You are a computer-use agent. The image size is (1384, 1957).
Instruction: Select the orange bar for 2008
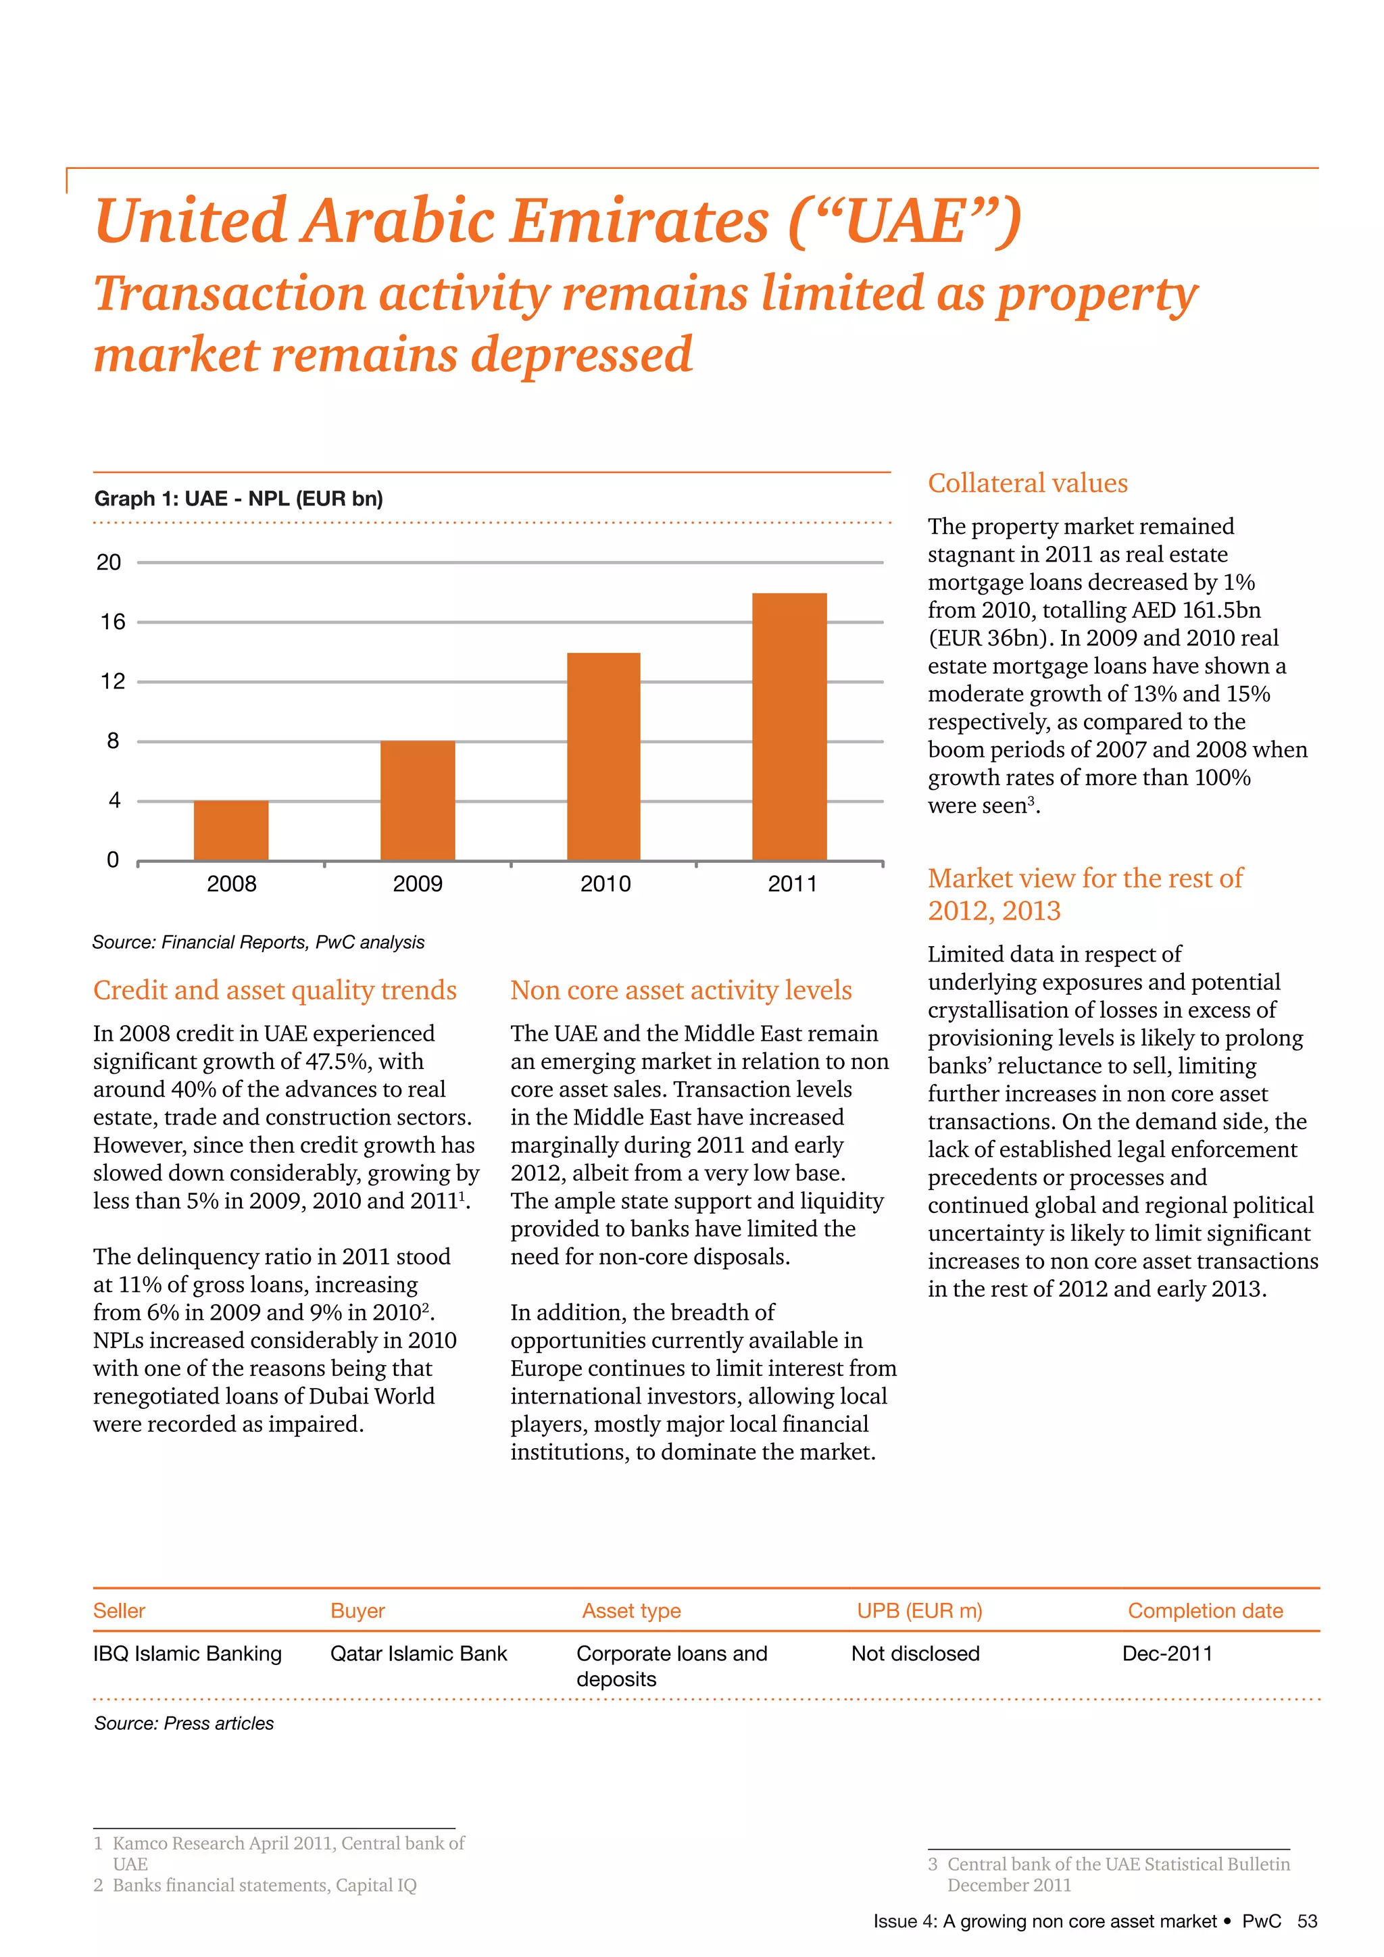point(231,831)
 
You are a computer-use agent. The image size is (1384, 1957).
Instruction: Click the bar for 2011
point(789,726)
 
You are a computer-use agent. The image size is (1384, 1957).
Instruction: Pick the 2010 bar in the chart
point(603,756)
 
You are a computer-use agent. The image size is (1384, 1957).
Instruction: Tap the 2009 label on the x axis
point(418,884)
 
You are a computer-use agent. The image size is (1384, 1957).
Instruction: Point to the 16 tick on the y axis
point(112,622)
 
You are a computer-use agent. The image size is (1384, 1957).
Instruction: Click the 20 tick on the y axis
point(109,562)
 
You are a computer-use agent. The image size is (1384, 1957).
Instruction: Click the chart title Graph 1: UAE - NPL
point(239,499)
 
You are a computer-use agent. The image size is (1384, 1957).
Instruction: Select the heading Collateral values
point(1027,483)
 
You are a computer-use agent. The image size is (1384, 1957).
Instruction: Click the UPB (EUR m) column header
point(920,1611)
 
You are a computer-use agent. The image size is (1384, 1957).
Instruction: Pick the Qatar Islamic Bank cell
point(418,1654)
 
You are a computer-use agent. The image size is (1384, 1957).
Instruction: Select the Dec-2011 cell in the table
point(1166,1654)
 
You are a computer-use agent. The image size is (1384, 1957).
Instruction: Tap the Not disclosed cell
point(915,1654)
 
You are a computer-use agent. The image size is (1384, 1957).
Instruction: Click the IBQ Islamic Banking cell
point(187,1654)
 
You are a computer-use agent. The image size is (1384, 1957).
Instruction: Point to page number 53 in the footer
point(1306,1921)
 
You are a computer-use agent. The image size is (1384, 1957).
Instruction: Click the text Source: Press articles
point(184,1723)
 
